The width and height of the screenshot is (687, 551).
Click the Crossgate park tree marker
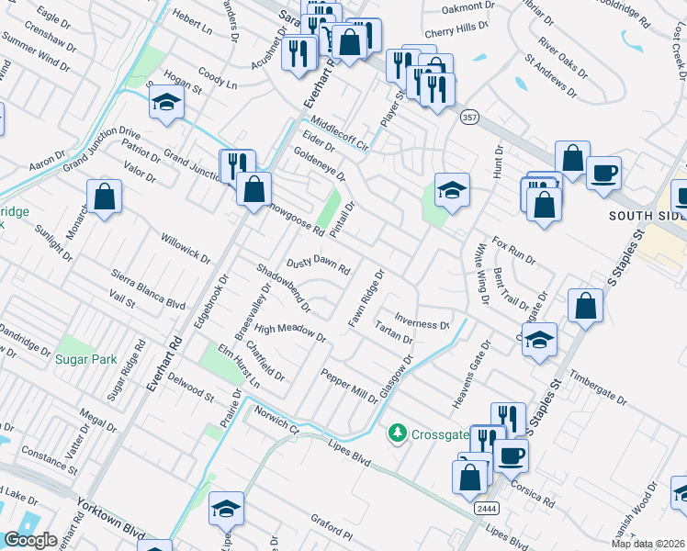tap(398, 432)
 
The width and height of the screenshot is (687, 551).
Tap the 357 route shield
tap(470, 118)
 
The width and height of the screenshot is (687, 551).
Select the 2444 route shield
tap(487, 507)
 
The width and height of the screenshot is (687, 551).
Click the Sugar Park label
tap(85, 359)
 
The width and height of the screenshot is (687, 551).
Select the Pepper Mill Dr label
tap(349, 386)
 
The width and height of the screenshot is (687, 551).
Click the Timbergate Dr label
tap(597, 388)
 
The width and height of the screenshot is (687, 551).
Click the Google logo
tap(31, 540)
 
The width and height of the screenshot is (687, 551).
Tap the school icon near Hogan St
tap(166, 103)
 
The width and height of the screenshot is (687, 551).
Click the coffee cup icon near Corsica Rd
tap(511, 454)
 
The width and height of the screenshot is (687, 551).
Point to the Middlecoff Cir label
tap(339, 133)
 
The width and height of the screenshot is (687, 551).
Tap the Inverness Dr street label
tap(422, 325)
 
